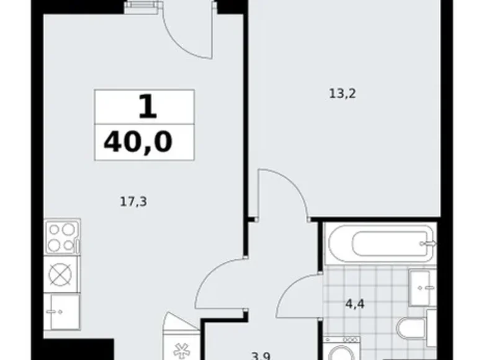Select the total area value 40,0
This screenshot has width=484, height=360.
pos(138,142)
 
